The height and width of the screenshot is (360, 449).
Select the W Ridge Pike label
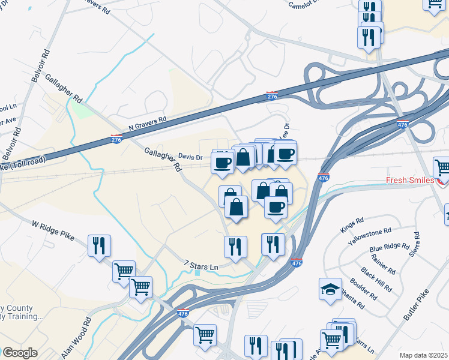53,231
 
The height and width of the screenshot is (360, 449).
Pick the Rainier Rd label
382,260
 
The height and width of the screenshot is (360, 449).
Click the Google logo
19,352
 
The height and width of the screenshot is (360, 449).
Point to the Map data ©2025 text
424,355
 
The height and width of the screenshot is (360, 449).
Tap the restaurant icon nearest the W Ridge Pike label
98,245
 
